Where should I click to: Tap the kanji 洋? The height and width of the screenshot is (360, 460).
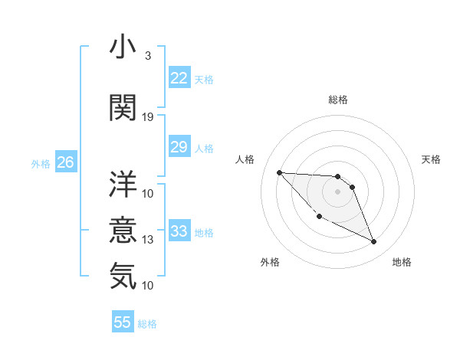tap(123, 183)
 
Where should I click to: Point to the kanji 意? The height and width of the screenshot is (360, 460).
tap(123, 229)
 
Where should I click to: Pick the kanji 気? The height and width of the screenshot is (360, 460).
tap(123, 275)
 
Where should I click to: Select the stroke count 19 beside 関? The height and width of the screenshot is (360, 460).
tap(148, 116)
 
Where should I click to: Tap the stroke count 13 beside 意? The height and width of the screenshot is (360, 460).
tap(148, 240)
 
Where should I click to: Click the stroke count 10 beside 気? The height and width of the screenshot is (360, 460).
tap(148, 285)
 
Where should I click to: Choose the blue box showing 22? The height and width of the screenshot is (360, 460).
tap(179, 78)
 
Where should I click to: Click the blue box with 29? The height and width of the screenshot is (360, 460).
tap(179, 147)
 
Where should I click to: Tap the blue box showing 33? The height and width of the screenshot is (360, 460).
tap(179, 231)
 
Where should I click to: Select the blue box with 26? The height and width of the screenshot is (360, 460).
tap(65, 162)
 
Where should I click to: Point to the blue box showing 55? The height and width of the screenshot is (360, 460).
tap(123, 322)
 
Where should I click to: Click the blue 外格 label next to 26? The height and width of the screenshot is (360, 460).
tap(41, 163)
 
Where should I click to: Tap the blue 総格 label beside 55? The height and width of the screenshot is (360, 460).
tap(147, 324)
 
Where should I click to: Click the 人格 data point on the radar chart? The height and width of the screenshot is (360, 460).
tap(279, 172)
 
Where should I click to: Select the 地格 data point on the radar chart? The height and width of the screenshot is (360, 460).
tap(373, 242)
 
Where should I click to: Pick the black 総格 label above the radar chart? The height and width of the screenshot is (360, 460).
tap(337, 100)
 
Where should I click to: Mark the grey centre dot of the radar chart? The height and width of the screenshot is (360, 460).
tap(337, 191)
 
